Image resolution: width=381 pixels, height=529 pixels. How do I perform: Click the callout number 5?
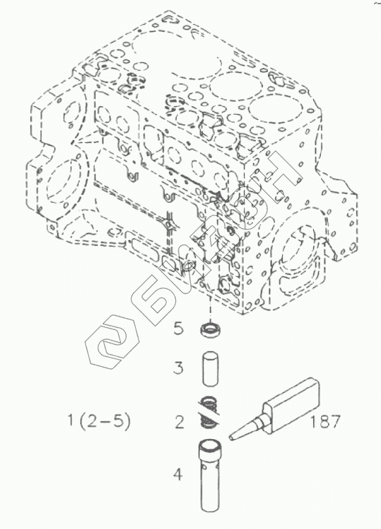tap(179, 328)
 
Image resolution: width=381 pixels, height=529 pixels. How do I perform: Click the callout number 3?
tap(179, 367)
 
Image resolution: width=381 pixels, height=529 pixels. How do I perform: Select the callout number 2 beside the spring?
tap(180, 422)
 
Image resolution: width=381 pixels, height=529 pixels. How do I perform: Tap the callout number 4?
tap(178, 474)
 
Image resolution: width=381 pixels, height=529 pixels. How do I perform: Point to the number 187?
tap(325, 421)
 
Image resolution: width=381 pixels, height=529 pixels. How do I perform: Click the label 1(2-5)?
tap(99, 421)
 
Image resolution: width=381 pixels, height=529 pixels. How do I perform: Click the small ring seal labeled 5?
tap(209, 329)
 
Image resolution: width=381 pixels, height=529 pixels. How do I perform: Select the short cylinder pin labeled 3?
tap(210, 369)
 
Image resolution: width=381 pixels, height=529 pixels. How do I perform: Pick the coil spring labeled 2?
tap(209, 411)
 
